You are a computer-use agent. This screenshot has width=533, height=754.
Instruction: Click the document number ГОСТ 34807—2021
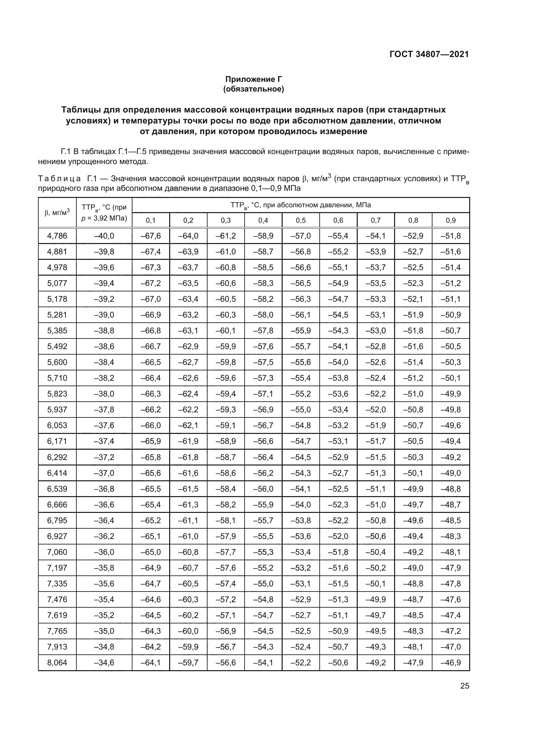click(x=429, y=54)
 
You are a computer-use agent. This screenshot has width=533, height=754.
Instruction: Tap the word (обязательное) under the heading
click(x=253, y=89)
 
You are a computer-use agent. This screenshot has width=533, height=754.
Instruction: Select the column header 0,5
click(x=301, y=220)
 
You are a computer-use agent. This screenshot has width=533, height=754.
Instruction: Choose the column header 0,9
click(x=451, y=220)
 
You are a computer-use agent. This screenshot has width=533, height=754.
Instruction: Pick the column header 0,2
click(x=189, y=220)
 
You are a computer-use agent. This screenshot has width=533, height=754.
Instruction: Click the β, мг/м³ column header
click(x=57, y=212)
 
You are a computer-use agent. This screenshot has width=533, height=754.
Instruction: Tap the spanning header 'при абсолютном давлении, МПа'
click(x=301, y=205)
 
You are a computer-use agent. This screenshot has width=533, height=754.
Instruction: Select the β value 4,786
click(x=57, y=236)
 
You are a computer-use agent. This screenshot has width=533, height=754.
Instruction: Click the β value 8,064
click(x=57, y=662)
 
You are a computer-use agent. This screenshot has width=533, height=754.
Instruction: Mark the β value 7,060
click(x=57, y=552)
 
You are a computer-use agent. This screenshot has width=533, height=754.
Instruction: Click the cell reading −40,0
click(x=104, y=236)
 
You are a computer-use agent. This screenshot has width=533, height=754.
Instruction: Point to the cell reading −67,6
click(x=150, y=236)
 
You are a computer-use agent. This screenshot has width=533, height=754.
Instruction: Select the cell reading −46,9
click(x=451, y=662)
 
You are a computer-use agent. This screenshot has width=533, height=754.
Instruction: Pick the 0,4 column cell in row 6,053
click(x=263, y=426)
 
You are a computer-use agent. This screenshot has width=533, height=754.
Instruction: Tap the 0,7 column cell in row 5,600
click(x=376, y=362)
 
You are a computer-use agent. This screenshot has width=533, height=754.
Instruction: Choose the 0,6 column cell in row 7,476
click(x=338, y=599)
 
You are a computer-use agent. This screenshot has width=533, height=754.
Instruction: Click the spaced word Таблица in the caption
click(x=59, y=179)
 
